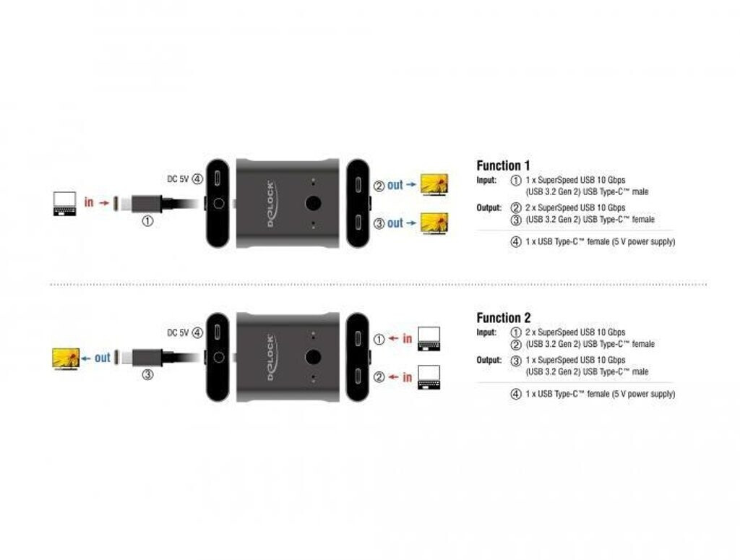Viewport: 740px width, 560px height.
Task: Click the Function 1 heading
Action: [503, 165]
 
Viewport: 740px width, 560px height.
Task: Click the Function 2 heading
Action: [503, 318]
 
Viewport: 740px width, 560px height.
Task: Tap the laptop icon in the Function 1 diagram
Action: [64, 204]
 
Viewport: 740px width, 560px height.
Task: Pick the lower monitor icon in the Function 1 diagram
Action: [434, 223]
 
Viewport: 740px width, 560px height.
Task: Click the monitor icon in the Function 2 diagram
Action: [65, 358]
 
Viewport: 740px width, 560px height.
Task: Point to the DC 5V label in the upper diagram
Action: [178, 179]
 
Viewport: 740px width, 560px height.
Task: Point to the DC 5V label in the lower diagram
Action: [178, 332]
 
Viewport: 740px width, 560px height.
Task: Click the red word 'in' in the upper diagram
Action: [89, 203]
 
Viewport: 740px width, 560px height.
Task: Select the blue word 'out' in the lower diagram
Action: [103, 358]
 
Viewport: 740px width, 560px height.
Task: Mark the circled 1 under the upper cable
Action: [147, 222]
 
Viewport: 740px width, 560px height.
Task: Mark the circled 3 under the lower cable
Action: [147, 376]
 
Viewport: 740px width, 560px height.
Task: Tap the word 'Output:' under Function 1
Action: [489, 207]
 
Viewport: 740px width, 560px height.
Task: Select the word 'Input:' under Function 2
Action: [486, 332]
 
